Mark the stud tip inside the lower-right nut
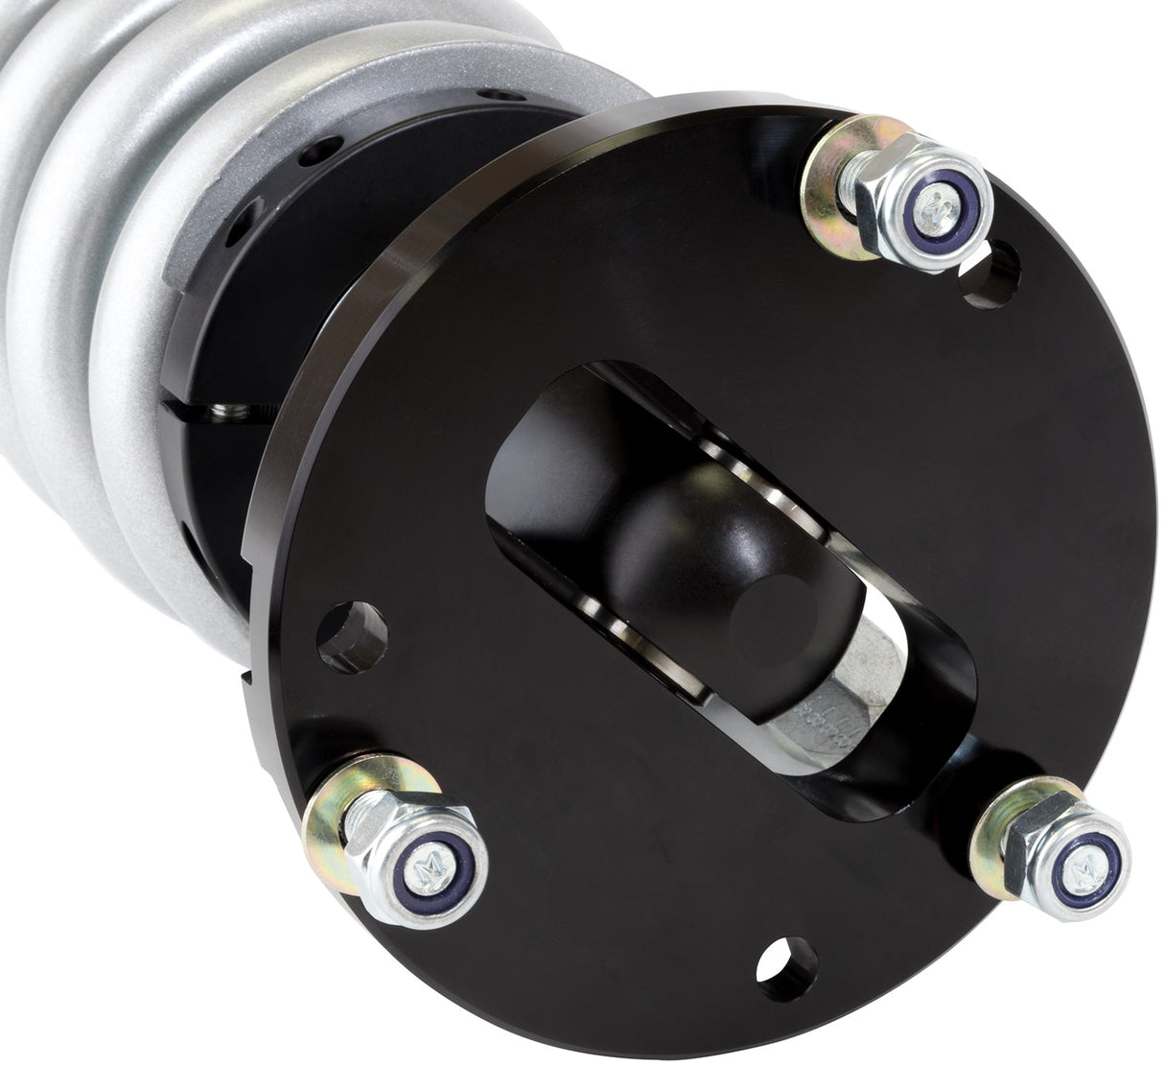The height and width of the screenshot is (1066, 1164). (x=1085, y=851)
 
